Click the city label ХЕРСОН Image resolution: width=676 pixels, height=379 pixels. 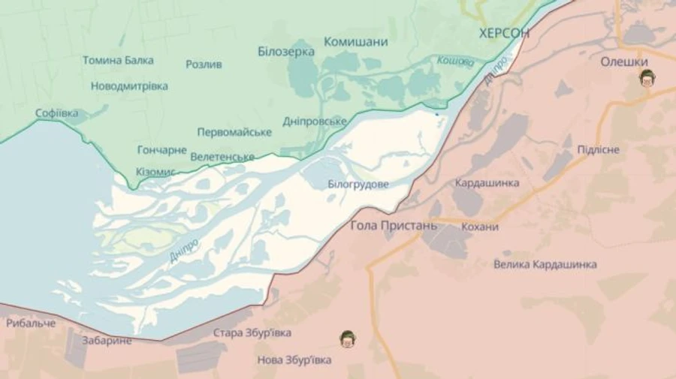point(504,33)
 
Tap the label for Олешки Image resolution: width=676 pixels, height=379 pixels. point(624,62)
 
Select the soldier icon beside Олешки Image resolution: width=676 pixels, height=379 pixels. point(646,77)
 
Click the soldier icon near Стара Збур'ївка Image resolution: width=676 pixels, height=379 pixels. point(347,339)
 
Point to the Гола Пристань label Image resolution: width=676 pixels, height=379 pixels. point(394,225)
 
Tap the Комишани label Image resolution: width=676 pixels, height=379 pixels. point(355,42)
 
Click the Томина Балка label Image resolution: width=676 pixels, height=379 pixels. point(118,60)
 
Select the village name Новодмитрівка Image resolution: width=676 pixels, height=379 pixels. point(129,86)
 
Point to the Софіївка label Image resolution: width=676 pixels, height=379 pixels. point(56,113)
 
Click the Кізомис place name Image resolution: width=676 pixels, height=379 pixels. point(155,172)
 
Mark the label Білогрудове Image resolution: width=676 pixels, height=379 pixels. point(358,184)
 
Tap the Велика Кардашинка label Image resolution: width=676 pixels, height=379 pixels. point(545,264)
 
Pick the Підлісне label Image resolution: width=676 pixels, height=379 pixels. point(598,149)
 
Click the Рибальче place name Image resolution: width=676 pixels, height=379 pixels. point(31,323)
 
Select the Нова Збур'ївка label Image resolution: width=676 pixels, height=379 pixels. point(294,360)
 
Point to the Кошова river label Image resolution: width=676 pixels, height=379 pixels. point(455,61)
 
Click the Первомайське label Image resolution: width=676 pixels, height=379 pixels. point(234,132)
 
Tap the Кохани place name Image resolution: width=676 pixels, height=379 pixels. point(481,227)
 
